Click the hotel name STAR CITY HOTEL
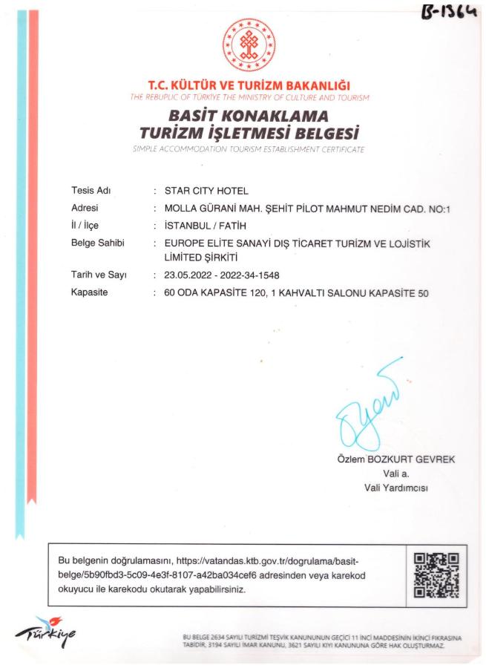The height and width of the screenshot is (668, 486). tap(206, 190)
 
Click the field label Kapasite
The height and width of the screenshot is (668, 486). tap(89, 292)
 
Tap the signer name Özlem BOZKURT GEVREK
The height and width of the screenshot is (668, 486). tap(396, 459)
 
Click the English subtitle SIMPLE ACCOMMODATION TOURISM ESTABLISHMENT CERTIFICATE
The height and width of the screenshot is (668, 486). tap(249, 149)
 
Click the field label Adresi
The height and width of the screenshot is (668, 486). tap(85, 208)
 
